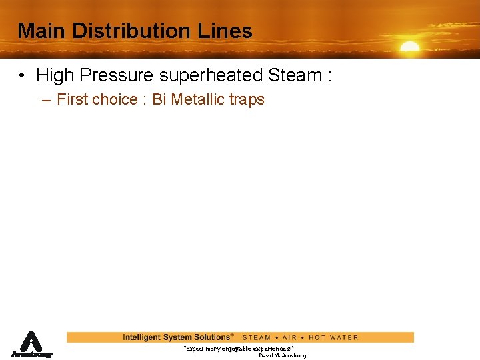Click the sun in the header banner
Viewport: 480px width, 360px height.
coord(409,47)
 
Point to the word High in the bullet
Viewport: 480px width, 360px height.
coord(55,75)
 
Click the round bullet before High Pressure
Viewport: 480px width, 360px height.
coord(23,76)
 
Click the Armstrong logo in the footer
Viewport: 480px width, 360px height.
coord(31,345)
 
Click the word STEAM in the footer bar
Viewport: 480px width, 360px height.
coord(257,337)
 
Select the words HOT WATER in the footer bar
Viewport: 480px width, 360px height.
coord(333,337)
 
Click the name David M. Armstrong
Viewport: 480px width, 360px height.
coord(283,356)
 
